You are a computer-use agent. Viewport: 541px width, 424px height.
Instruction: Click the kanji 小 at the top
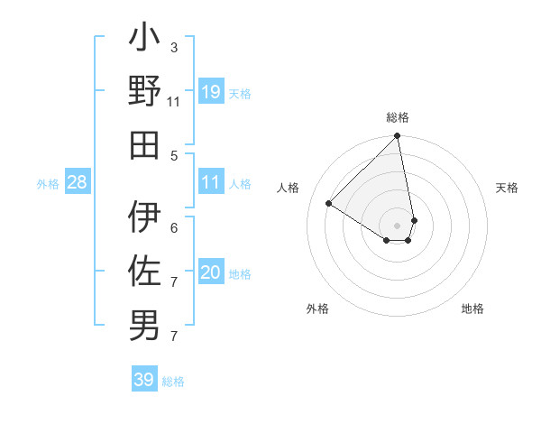click(145, 41)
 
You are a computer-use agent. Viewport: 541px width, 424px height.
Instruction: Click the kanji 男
click(145, 324)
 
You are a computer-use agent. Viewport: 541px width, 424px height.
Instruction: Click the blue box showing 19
click(211, 91)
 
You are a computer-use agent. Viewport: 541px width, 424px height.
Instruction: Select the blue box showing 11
click(211, 182)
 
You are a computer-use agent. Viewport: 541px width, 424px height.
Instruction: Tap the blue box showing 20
click(211, 272)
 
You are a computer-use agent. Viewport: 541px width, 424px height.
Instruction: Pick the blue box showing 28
click(78, 182)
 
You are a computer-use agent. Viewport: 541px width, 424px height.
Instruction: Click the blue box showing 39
click(144, 380)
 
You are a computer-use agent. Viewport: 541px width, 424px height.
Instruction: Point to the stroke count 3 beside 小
click(173, 47)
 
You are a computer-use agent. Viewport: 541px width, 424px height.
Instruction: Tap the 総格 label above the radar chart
click(398, 117)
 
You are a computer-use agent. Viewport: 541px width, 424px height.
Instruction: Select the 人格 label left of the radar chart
click(289, 188)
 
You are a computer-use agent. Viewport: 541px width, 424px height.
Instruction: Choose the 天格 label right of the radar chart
click(507, 188)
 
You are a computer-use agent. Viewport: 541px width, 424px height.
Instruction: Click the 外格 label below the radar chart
click(317, 309)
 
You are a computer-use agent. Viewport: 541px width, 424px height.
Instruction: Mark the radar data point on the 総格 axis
click(397, 137)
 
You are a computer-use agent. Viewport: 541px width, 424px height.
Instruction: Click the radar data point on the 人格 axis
click(329, 204)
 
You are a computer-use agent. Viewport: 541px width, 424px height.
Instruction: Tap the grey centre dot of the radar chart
click(398, 225)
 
